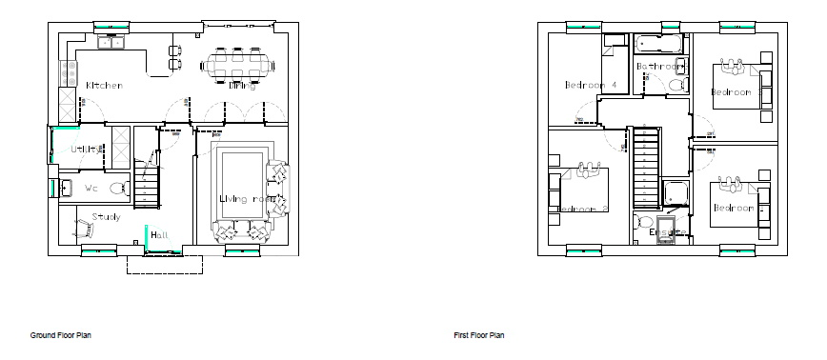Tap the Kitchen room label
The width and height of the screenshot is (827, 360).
(104, 86)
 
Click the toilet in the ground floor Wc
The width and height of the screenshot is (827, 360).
(119, 189)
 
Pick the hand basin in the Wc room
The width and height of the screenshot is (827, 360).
(70, 186)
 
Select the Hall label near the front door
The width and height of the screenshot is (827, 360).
(159, 235)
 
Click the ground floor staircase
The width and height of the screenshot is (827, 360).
(149, 187)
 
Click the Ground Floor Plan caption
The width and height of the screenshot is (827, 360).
(61, 335)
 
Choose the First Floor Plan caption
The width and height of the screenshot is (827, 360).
(478, 335)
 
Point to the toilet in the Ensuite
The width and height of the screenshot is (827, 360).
(636, 223)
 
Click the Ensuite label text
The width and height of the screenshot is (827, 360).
(667, 232)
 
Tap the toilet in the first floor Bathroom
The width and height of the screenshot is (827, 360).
(677, 87)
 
